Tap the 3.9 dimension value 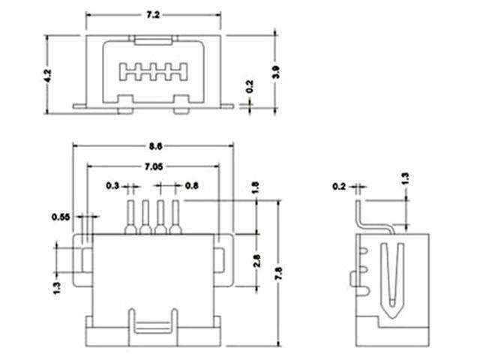click(x=277, y=73)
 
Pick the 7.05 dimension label click(x=155, y=166)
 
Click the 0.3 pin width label click(x=112, y=184)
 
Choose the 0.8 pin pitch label click(x=191, y=184)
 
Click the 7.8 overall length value click(x=279, y=266)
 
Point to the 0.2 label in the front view click(x=250, y=88)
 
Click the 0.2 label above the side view click(x=339, y=184)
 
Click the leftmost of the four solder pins click(x=130, y=218)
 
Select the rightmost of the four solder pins click(x=176, y=218)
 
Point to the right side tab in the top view click(x=220, y=260)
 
